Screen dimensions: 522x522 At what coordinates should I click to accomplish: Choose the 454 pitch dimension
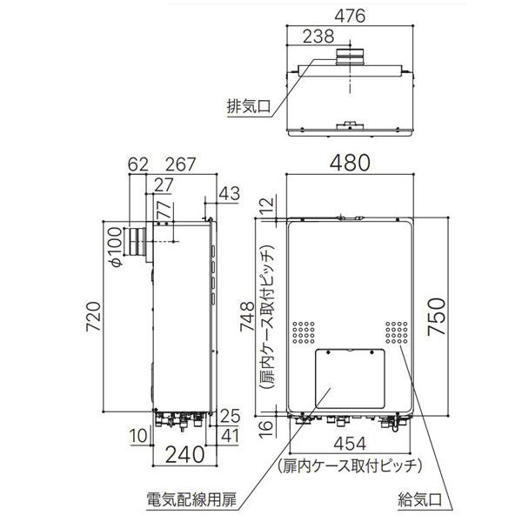coord(351,443)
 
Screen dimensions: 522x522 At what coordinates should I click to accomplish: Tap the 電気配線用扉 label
coord(186,501)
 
